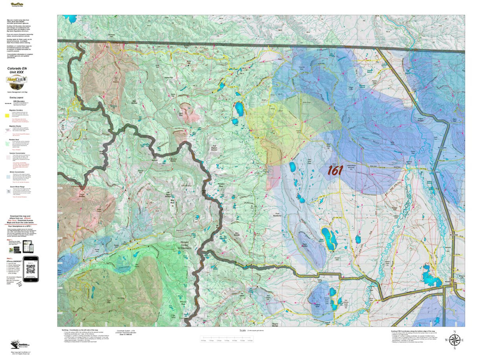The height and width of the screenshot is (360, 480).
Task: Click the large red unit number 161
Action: pyautogui.click(x=335, y=170)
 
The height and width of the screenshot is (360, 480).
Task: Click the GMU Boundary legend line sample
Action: pyautogui.click(x=7, y=103)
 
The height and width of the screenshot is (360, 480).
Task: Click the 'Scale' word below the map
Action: pyautogui.click(x=242, y=330)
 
